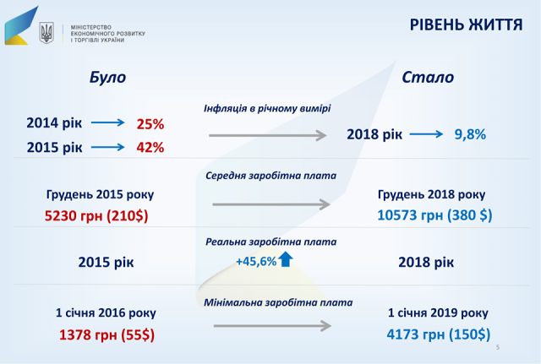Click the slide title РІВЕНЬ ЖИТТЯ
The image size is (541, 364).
coord(466,24)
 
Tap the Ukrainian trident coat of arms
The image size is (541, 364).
coord(46,33)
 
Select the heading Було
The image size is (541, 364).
coord(107,77)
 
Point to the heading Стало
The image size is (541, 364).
coord(428,77)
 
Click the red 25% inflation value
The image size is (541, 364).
coord(150,124)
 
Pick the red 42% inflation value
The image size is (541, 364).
coord(150,148)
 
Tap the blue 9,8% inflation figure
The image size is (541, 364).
coord(470,134)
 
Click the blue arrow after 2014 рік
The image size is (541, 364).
coord(107,122)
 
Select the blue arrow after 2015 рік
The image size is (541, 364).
coord(107,147)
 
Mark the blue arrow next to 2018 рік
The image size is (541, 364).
coord(426,134)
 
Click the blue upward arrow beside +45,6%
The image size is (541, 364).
coord(286,259)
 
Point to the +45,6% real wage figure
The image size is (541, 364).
coord(256,262)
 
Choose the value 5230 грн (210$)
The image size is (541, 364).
coord(96,215)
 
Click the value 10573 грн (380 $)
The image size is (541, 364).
coord(434,215)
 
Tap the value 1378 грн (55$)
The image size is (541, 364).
coord(107,334)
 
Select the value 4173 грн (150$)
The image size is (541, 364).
coord(438,334)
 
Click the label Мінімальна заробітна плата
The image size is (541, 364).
coord(278,302)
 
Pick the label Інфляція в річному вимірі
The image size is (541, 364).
coord(267,109)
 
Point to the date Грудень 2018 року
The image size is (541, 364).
coord(431,195)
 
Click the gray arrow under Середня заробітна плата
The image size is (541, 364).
coord(271,204)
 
